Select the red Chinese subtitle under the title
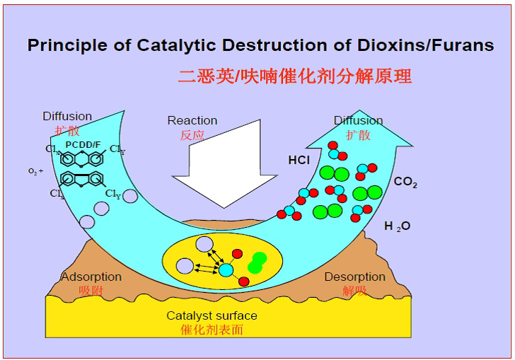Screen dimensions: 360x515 [x=294, y=76]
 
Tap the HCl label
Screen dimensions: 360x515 [x=299, y=160]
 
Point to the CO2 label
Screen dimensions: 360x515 [x=405, y=182]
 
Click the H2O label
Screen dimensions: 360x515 [x=397, y=226]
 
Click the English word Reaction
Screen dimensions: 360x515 [x=192, y=120]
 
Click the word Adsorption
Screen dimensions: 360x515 [x=91, y=277]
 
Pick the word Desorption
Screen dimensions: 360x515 [x=355, y=277]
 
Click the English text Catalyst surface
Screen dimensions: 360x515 [x=212, y=315]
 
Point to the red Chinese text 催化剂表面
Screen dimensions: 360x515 [x=212, y=329]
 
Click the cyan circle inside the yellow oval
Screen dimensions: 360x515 [x=226, y=269]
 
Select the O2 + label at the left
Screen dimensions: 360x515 [x=36, y=172]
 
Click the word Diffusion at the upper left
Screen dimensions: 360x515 [x=67, y=116]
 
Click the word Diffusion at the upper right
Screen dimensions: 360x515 [x=359, y=120]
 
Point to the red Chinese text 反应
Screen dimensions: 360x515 [x=182, y=134]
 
